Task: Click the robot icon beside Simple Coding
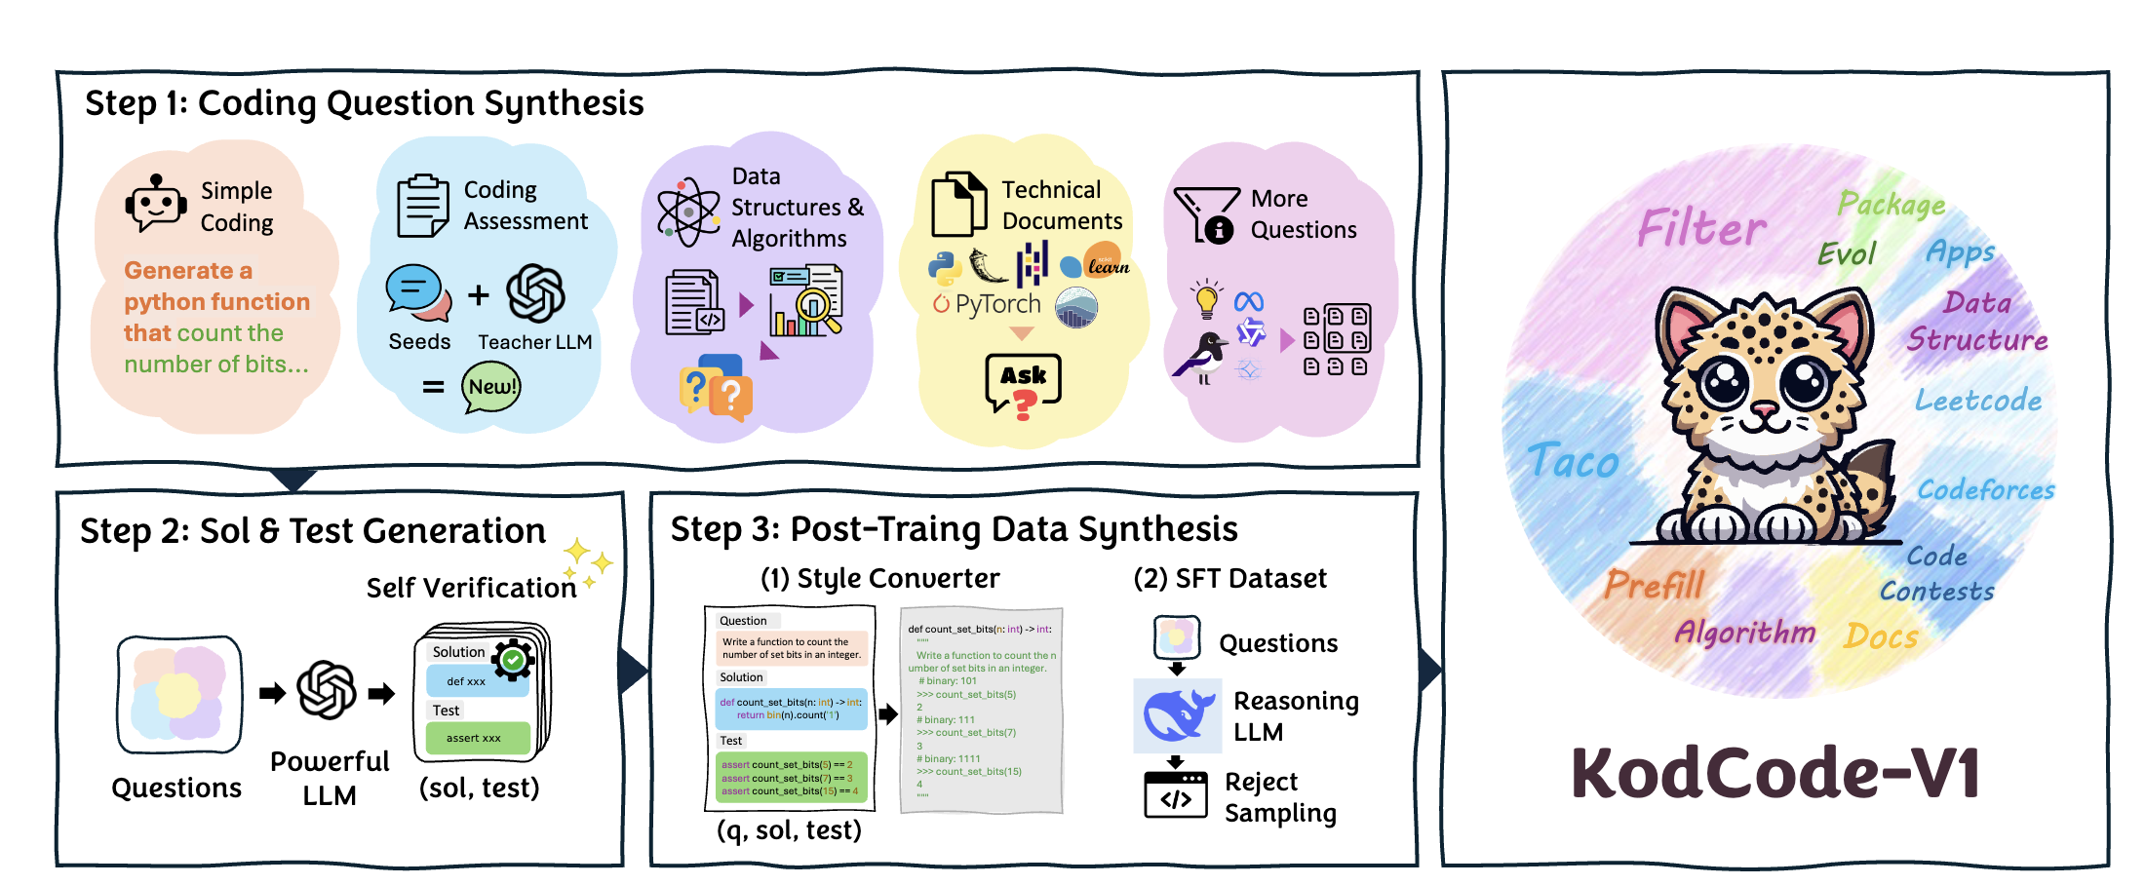coord(155,204)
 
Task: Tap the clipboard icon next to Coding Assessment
coord(422,206)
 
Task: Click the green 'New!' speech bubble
coord(491,387)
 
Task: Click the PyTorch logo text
coord(987,304)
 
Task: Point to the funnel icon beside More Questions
coord(1206,213)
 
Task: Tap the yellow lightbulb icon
coord(1207,298)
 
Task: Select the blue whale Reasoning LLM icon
coord(1178,715)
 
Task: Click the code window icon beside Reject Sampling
coord(1176,794)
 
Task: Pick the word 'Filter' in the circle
coord(1700,228)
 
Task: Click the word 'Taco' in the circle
coord(1572,461)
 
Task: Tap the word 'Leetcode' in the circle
coord(1977,400)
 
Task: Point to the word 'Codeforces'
coord(1985,489)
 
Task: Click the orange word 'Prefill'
coord(1655,585)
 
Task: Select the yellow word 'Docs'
coord(1881,636)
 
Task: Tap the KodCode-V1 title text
coord(1774,773)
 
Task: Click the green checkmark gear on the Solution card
coord(513,660)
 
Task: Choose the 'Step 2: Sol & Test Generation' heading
coord(313,531)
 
